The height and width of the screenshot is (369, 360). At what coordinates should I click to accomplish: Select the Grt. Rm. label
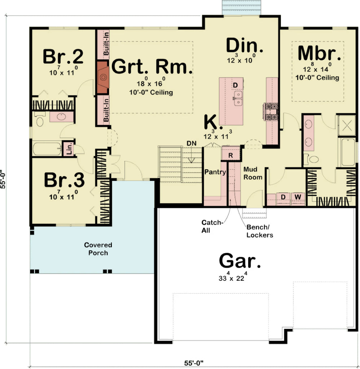151,67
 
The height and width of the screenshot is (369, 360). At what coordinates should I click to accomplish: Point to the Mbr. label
319,53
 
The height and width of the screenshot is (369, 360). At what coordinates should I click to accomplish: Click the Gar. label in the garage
240,261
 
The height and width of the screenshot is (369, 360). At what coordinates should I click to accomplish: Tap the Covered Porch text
98,249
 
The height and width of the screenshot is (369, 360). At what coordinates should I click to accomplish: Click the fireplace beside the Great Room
103,77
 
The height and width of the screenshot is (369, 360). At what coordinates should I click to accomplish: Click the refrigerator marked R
231,155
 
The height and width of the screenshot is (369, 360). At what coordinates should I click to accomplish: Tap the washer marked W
298,197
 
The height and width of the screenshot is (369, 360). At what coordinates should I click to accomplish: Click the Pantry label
215,172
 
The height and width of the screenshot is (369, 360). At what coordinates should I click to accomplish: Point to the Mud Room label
253,173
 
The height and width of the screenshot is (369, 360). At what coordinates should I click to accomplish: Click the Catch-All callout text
213,227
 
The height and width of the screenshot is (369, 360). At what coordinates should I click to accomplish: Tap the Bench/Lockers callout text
260,231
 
